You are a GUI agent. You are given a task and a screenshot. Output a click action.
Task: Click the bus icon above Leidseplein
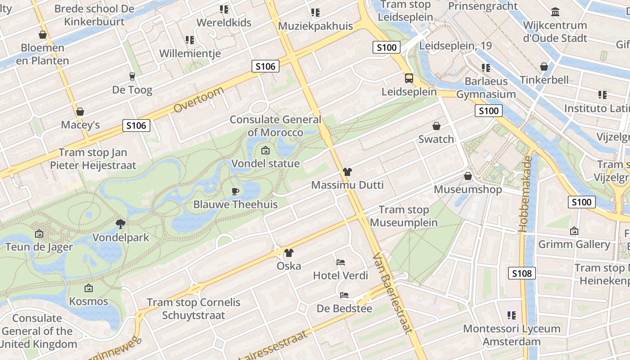[x=409, y=78]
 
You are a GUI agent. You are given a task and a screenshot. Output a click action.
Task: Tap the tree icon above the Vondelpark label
[x=120, y=224]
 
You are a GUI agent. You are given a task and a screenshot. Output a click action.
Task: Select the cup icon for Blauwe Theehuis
[x=235, y=191]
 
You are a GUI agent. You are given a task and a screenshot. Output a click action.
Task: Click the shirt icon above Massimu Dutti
[x=347, y=172]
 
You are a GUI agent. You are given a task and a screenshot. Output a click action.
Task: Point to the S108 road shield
[x=522, y=273]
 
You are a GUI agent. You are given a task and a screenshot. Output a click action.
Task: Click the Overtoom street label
[x=198, y=100]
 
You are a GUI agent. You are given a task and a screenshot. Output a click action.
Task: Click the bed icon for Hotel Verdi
[x=341, y=262]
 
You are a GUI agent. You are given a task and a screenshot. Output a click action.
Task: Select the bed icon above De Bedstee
[x=344, y=295]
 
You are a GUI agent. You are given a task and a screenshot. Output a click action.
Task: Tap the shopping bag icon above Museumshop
[x=468, y=176]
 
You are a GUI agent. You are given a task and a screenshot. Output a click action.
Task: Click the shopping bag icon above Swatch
[x=436, y=126]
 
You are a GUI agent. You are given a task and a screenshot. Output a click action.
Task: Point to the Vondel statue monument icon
[x=265, y=150]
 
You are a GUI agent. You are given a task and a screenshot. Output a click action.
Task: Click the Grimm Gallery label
[x=574, y=244]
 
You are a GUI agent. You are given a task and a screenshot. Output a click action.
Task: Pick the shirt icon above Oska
[x=288, y=253]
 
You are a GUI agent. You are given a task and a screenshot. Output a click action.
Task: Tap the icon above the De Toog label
[x=132, y=76]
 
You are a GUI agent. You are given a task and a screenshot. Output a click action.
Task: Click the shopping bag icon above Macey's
[x=80, y=112]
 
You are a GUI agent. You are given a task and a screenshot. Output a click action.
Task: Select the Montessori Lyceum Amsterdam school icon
[x=511, y=315]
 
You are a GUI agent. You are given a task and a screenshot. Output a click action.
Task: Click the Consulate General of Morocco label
[x=275, y=126]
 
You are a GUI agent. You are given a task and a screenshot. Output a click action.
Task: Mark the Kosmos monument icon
[x=89, y=288]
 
